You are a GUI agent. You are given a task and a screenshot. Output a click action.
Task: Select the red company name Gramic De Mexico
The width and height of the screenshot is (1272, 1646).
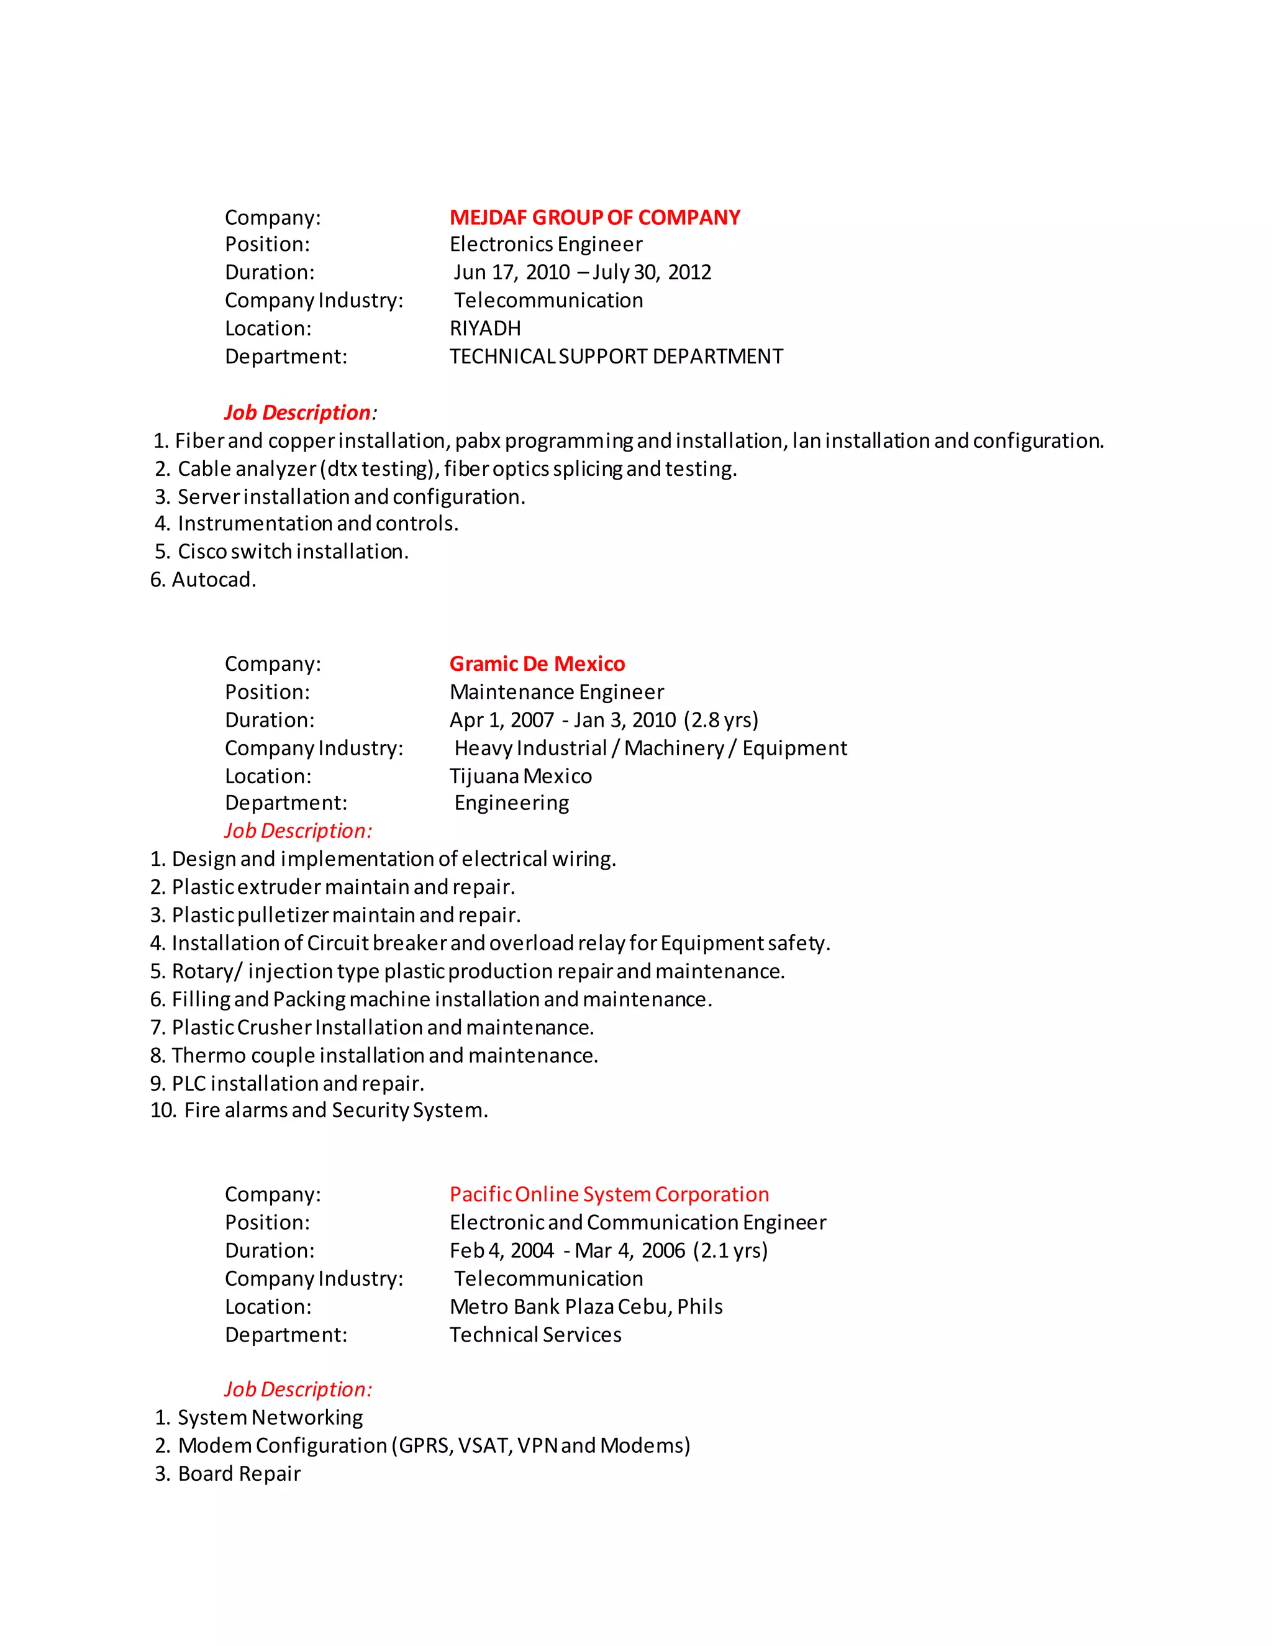click(x=537, y=663)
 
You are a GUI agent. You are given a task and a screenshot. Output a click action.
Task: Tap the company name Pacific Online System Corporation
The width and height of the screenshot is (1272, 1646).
click(x=609, y=1194)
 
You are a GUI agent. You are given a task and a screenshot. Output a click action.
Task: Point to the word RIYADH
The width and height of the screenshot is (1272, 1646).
click(x=484, y=328)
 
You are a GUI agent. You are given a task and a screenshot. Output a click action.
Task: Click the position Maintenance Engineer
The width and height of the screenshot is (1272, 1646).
click(x=556, y=692)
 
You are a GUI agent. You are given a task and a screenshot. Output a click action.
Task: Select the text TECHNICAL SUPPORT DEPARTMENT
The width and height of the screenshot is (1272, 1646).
click(x=616, y=356)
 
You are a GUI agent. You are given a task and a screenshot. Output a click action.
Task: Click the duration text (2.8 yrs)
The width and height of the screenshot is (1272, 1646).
click(x=721, y=720)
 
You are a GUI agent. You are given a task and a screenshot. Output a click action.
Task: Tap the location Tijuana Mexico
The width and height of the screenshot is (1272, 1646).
click(x=520, y=776)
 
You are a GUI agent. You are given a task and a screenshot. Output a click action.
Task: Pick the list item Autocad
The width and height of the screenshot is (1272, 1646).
click(x=213, y=580)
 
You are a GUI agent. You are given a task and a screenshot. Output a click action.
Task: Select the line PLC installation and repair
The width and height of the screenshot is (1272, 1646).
click(x=298, y=1083)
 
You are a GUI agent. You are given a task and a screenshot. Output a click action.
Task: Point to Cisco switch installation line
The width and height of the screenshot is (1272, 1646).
click(x=293, y=552)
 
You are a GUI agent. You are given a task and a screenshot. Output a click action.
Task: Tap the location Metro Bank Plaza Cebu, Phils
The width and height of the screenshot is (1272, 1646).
click(x=586, y=1306)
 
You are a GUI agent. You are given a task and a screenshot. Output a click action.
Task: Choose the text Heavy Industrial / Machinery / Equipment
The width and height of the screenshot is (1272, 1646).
click(x=650, y=748)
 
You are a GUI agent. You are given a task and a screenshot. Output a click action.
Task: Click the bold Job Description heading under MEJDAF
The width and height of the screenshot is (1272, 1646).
click(x=297, y=412)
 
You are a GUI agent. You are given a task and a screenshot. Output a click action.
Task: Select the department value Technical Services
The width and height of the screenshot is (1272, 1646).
click(x=535, y=1335)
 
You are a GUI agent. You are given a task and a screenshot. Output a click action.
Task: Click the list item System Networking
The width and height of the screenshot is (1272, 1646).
click(x=270, y=1417)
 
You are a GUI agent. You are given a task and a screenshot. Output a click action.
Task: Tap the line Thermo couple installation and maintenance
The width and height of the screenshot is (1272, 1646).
click(x=384, y=1055)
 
